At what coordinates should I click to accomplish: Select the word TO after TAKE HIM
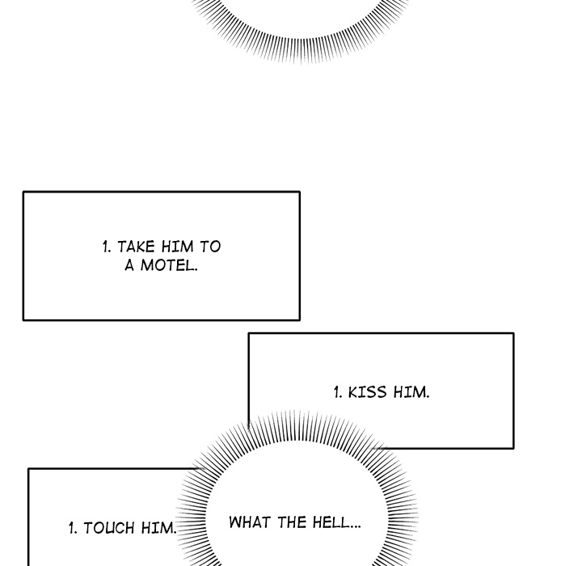pyautogui.click(x=210, y=247)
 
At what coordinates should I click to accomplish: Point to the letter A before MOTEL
pyautogui.click(x=129, y=265)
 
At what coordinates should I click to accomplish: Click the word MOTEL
pyautogui.click(x=169, y=265)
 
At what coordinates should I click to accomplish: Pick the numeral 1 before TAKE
pyautogui.click(x=107, y=247)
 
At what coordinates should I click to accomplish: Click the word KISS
pyautogui.click(x=367, y=392)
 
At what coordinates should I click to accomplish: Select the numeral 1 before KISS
pyautogui.click(x=338, y=392)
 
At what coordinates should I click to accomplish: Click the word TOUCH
pyautogui.click(x=109, y=528)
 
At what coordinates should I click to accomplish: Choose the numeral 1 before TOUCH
pyautogui.click(x=73, y=528)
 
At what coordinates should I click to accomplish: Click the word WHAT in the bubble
pyautogui.click(x=250, y=522)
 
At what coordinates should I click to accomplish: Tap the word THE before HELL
pyautogui.click(x=292, y=522)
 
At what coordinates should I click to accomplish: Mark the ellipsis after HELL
pyautogui.click(x=355, y=526)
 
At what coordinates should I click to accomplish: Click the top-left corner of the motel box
pyautogui.click(x=23, y=192)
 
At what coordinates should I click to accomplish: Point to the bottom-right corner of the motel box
pyautogui.click(x=300, y=319)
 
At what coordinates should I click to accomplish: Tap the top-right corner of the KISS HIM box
pyautogui.click(x=514, y=333)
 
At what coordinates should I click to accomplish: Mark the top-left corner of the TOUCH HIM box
pyautogui.click(x=28, y=469)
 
